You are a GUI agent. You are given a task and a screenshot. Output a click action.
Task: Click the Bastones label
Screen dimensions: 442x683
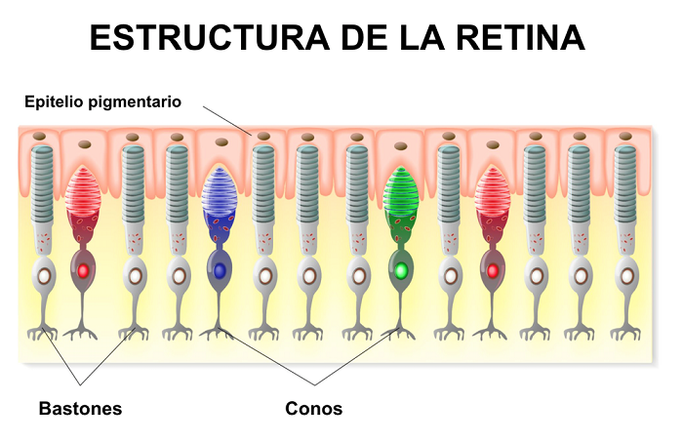click(x=80, y=408)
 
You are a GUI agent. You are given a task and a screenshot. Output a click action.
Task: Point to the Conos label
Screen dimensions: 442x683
click(x=314, y=408)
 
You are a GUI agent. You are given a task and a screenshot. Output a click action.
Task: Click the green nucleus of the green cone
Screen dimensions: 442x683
click(x=399, y=269)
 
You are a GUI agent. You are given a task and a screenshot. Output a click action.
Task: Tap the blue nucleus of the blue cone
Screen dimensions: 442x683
click(x=220, y=269)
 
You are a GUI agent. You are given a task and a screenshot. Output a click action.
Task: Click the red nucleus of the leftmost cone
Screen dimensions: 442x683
click(x=83, y=270)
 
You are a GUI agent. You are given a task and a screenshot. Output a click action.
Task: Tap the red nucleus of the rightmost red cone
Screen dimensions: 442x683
click(x=492, y=270)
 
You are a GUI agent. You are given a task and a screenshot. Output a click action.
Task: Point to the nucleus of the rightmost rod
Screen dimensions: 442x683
click(x=625, y=275)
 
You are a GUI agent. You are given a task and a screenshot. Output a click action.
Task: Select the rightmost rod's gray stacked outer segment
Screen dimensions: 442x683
click(x=625, y=181)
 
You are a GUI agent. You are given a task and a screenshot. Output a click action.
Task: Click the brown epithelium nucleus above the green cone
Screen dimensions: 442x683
click(x=399, y=146)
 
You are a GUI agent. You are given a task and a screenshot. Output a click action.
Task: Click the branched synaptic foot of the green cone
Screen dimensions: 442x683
click(x=399, y=332)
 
